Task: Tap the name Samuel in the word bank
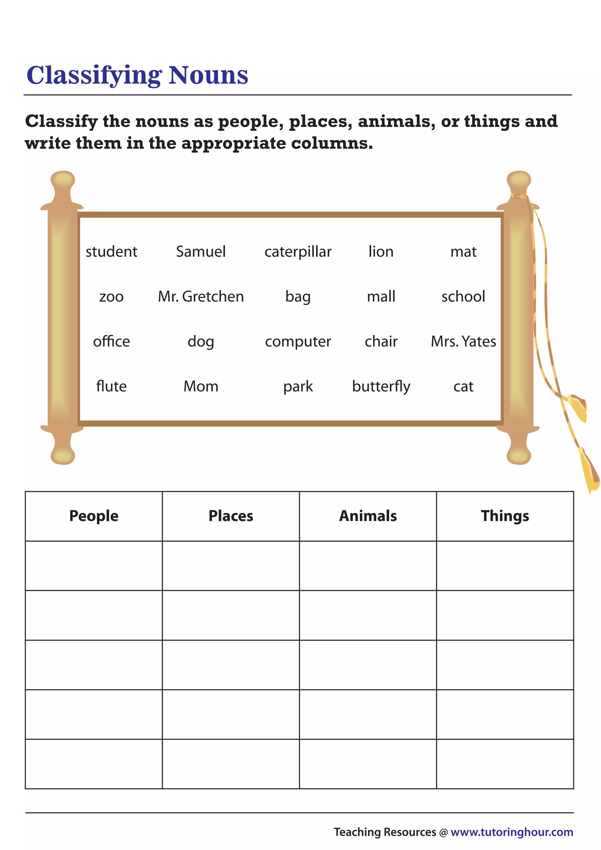(x=201, y=252)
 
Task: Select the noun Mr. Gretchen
(x=201, y=297)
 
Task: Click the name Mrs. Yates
(x=463, y=341)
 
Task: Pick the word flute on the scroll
(x=111, y=386)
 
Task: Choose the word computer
(x=298, y=342)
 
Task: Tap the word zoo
(x=111, y=297)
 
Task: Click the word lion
(x=381, y=252)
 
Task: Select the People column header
(x=94, y=516)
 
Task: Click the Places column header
(x=231, y=516)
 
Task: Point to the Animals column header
(x=368, y=516)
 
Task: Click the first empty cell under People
(x=94, y=566)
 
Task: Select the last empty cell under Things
(x=505, y=764)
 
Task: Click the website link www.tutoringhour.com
(x=512, y=832)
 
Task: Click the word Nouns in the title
(x=208, y=75)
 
